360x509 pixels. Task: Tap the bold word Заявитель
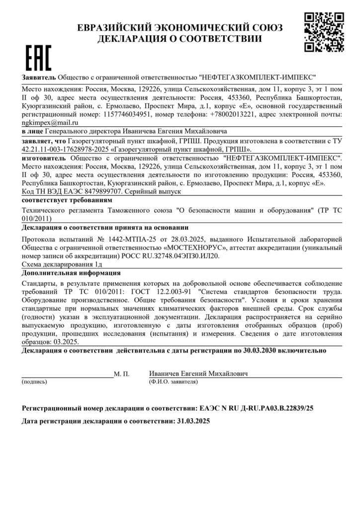coord(39,78)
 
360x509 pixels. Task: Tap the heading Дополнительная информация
coord(71,273)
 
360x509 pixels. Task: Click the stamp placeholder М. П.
coord(122,374)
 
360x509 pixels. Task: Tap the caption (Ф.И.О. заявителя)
coord(173,382)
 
